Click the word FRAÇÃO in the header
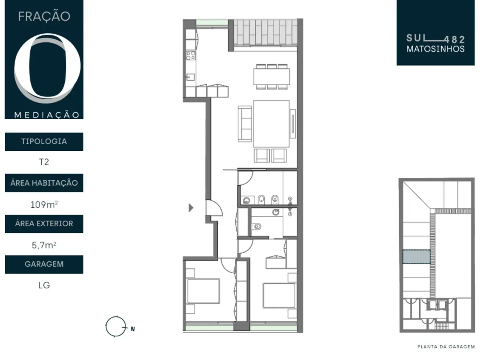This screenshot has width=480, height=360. [44, 16]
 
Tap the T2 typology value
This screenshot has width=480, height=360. [44, 162]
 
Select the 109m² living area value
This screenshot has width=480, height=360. [44, 204]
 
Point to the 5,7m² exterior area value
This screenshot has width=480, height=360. [44, 245]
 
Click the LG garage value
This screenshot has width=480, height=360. [44, 285]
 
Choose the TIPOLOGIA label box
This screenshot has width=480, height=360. [44, 142]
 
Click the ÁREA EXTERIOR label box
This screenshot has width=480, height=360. [44, 224]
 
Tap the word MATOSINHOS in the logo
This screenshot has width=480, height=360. [435, 49]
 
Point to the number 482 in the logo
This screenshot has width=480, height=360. [455, 40]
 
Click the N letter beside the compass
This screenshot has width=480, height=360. [132, 329]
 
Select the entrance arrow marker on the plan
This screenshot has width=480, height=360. [191, 208]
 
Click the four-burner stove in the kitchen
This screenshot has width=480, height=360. [190, 55]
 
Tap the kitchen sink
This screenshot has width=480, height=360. [190, 77]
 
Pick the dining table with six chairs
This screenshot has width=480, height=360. [272, 76]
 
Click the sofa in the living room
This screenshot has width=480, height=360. [245, 124]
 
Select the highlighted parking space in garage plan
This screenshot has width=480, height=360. [416, 257]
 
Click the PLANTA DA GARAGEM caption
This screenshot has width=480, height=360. [446, 347]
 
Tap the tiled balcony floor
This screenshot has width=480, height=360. [266, 32]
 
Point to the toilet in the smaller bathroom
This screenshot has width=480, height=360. [256, 226]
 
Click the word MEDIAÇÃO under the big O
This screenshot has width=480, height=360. [47, 115]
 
